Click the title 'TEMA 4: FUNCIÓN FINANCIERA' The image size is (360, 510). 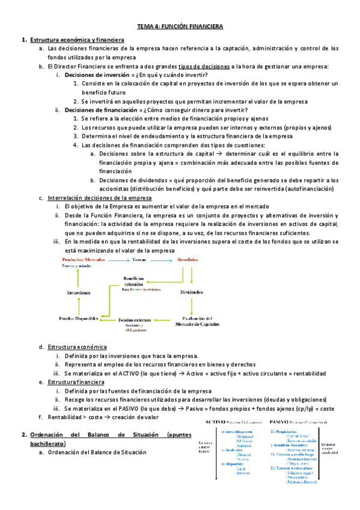pyautogui.click(x=180, y=27)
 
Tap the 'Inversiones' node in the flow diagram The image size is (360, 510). pyautogui.click(x=79, y=292)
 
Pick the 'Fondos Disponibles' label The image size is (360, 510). pyautogui.click(x=79, y=318)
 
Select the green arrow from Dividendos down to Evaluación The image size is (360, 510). pyautogui.click(x=192, y=306)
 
